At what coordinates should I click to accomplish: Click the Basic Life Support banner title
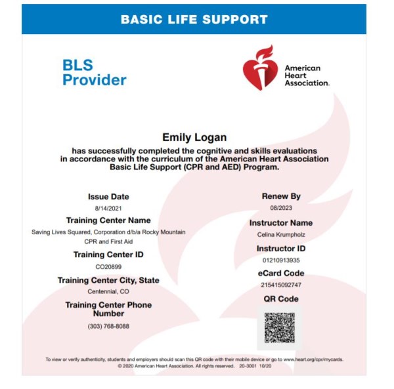pos(194,19)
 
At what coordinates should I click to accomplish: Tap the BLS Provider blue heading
pos(94,73)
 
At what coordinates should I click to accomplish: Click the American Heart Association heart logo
pos(259,68)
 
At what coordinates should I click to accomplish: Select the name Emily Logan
pos(194,137)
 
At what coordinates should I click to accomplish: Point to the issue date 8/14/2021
pos(108,208)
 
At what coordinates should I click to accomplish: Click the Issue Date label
pos(108,197)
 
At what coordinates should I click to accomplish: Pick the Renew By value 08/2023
pos(281,208)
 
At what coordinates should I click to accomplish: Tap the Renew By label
pos(281,196)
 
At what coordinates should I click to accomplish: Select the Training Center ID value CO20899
pos(108,266)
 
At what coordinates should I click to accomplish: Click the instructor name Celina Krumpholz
pos(281,234)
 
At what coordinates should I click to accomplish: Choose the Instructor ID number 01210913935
pos(281,260)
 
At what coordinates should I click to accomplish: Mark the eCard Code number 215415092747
pos(281,285)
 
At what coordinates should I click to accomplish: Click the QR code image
pos(280,328)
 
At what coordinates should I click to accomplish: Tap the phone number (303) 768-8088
pos(108,326)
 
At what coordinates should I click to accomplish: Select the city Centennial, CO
pos(108,291)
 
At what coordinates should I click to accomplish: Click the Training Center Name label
pos(108,220)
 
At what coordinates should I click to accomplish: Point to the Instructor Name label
pos(281,223)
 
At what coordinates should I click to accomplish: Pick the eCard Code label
pos(281,273)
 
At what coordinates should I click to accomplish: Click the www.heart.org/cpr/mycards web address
pos(313,359)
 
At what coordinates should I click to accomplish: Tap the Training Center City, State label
pos(108,280)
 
